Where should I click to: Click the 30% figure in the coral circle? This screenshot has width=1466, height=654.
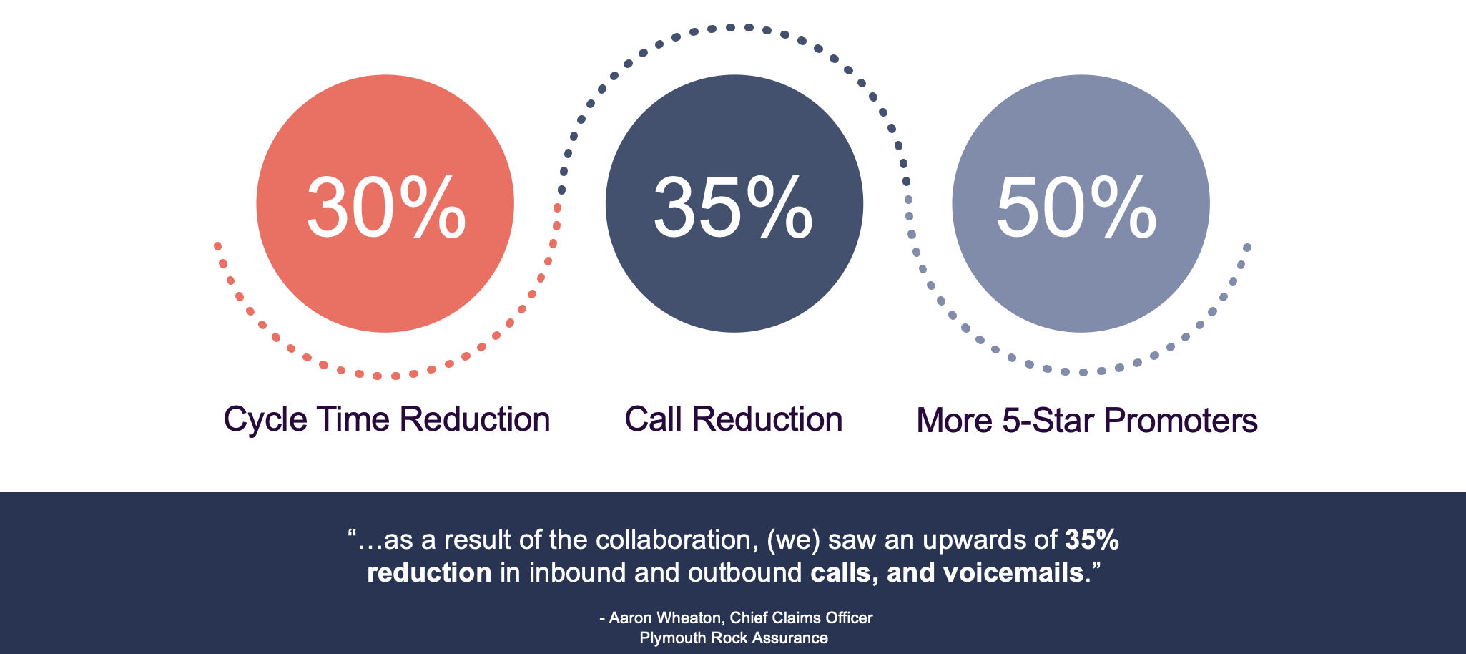(386, 208)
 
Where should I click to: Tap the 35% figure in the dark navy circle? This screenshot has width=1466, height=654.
(733, 208)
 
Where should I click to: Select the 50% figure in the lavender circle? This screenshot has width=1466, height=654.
(1076, 208)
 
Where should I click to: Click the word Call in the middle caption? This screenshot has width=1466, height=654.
(653, 419)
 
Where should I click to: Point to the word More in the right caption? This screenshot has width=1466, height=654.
(955, 420)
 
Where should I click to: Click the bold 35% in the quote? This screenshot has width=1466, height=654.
(1092, 540)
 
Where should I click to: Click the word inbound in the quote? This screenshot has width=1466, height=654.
(577, 573)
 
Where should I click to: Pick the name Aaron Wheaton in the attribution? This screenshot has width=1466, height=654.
(665, 618)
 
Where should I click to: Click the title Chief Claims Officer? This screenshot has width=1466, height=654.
(801, 618)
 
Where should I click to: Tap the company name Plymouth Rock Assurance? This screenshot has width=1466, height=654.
(734, 638)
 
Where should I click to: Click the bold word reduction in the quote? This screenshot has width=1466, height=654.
(429, 573)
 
